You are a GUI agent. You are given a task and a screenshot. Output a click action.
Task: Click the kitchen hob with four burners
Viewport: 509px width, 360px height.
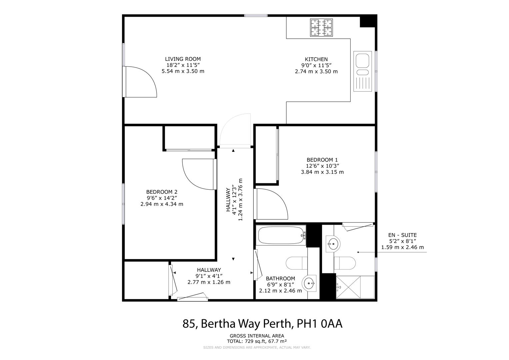(322, 27)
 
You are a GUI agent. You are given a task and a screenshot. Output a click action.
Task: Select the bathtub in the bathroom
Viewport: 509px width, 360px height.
(282, 236)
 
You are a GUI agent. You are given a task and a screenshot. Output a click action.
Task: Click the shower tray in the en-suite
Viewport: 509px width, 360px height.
(355, 287)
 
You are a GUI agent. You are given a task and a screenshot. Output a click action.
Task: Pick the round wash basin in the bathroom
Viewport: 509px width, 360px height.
(310, 284)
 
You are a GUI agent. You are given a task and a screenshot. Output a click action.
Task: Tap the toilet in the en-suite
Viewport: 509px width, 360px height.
(345, 263)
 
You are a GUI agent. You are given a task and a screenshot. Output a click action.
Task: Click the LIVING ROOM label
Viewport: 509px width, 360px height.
(183, 59)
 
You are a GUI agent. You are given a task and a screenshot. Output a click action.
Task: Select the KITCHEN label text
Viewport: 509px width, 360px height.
(316, 59)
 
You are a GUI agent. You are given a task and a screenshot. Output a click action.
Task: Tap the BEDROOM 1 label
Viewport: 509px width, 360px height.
(322, 160)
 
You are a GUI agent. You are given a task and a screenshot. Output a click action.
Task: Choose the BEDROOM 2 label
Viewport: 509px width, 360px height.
(162, 192)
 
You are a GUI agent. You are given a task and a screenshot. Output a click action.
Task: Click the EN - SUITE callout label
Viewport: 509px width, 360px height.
(402, 235)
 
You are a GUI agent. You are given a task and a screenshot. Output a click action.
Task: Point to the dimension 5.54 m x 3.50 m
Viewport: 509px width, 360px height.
(183, 71)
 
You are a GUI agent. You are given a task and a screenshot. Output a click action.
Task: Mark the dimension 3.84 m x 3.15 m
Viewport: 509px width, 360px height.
(322, 172)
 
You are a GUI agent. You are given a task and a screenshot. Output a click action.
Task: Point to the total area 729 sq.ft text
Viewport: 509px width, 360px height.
(257, 341)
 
